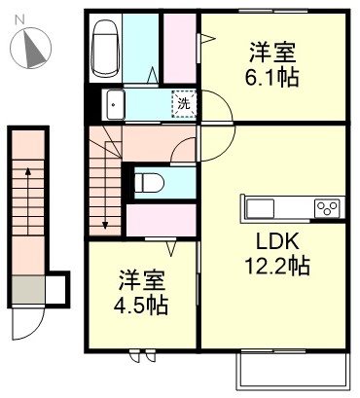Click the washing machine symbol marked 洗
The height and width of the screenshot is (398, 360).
click(x=183, y=102)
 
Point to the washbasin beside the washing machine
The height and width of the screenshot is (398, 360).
click(x=116, y=102)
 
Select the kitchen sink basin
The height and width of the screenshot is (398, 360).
click(x=264, y=206)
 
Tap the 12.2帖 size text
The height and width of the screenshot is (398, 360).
click(x=275, y=265)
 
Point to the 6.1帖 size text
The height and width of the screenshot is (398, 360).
click(x=272, y=75)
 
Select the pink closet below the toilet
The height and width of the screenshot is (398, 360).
click(x=162, y=221)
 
